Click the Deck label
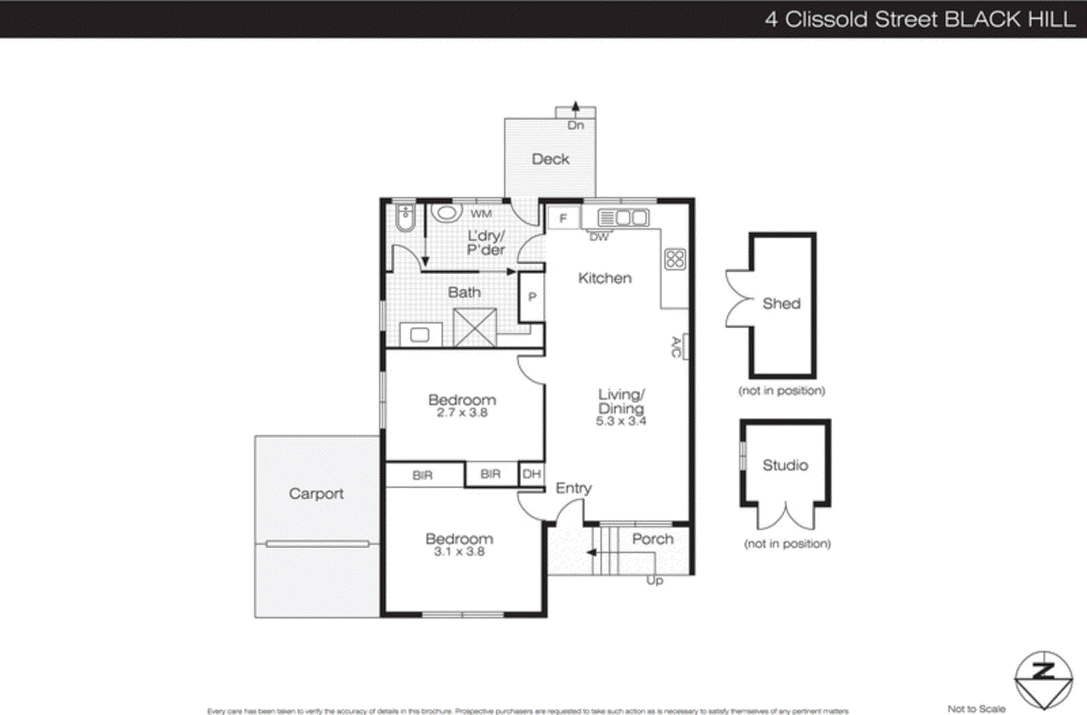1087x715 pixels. pos(550,159)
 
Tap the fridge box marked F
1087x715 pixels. pos(563,218)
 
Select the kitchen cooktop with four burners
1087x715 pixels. pos(675,259)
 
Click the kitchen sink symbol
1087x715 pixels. pos(623,218)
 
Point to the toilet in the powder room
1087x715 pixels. pos(405,217)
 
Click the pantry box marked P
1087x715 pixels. pos(532,296)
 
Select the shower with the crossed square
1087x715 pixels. pos(474,328)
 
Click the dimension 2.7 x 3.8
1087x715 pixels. pos(462,413)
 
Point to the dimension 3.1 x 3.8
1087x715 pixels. pos(459,551)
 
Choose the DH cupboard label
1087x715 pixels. pos(532,474)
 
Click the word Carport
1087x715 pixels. pos(316,493)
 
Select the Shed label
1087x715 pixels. pos(781,303)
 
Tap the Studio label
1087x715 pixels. pos(785,465)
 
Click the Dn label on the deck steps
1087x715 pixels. pos(575,125)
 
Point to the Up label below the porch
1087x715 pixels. pos(654,580)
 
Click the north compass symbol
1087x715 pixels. pos(1044,680)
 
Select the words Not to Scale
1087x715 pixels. pos(976,708)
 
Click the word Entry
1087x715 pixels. pos(573,488)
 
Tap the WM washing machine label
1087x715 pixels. pos(481,213)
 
